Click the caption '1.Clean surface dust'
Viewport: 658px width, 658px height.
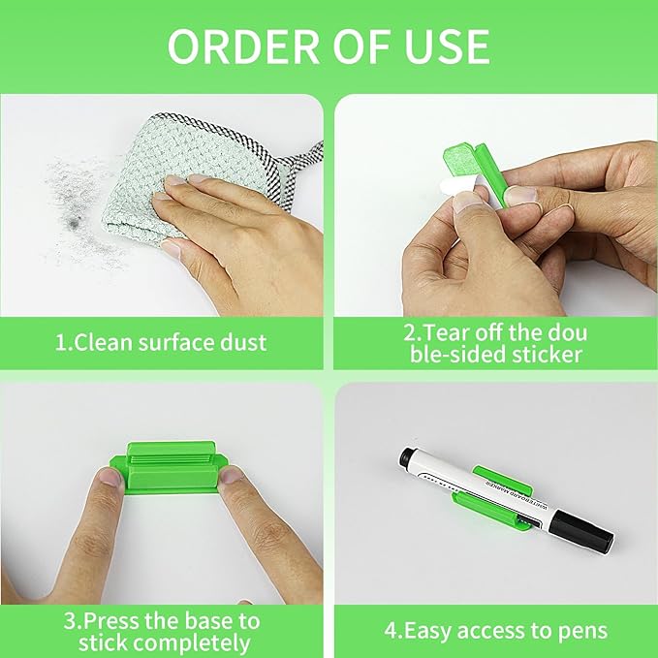coord(160,341)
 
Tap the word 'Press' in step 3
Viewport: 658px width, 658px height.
coord(124,619)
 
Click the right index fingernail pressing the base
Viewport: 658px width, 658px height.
coord(235,476)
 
